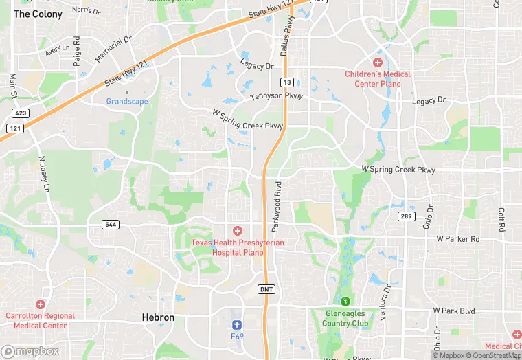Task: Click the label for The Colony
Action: pyautogui.click(x=38, y=14)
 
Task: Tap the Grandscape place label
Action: pyautogui.click(x=126, y=101)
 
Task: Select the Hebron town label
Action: pyautogui.click(x=158, y=317)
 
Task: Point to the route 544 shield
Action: pyautogui.click(x=110, y=225)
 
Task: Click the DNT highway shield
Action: pyautogui.click(x=267, y=289)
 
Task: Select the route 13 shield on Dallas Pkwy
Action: pyautogui.click(x=287, y=82)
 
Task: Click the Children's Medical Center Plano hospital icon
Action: pyautogui.click(x=377, y=63)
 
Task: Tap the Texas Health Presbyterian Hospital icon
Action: pyautogui.click(x=238, y=231)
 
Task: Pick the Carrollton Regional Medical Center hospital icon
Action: pyautogui.click(x=41, y=304)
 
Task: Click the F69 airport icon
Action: pyautogui.click(x=238, y=323)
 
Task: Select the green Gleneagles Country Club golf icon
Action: pyautogui.click(x=346, y=301)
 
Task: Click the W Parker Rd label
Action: pyautogui.click(x=457, y=238)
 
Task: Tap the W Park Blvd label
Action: pyautogui.click(x=454, y=311)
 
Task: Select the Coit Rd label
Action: pyautogui.click(x=502, y=220)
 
